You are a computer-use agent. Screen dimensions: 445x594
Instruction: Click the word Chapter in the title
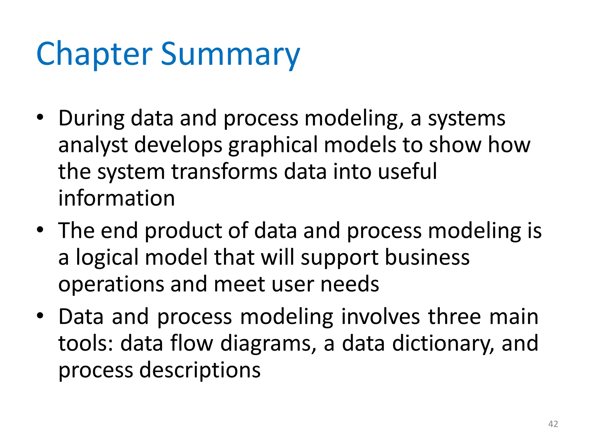tap(94, 54)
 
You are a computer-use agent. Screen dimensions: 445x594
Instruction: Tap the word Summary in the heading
tap(230, 54)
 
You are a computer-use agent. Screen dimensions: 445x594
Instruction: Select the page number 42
tap(553, 424)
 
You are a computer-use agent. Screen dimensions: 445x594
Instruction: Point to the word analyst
tap(93, 145)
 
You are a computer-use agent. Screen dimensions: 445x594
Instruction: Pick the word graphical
tap(273, 145)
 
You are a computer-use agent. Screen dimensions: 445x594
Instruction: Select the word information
tap(117, 198)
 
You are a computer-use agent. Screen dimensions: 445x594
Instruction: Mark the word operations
tap(111, 284)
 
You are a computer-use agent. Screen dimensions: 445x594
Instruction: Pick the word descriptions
tap(200, 370)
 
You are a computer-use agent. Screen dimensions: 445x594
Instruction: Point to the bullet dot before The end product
tap(40, 230)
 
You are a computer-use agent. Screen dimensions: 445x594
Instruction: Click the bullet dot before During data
tap(40, 117)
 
